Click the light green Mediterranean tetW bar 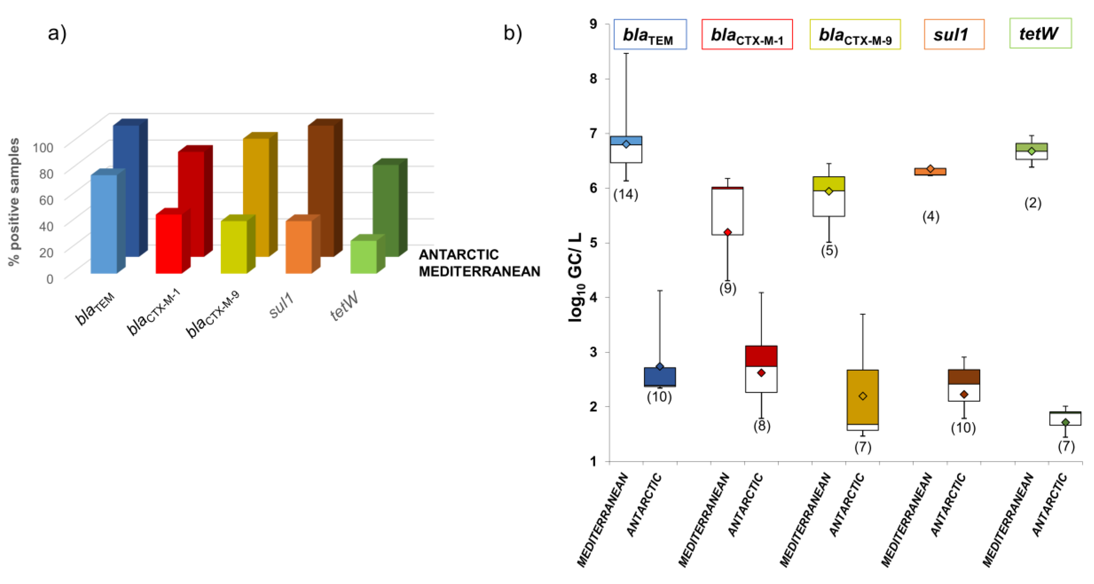tap(363, 257)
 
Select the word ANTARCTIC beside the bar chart tap(459, 254)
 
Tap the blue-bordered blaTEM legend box tap(650, 34)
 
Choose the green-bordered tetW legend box tap(1040, 33)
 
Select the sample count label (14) tap(625, 194)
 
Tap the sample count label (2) tap(1033, 203)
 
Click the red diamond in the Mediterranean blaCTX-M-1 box tap(727, 232)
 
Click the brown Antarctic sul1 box tap(964, 377)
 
